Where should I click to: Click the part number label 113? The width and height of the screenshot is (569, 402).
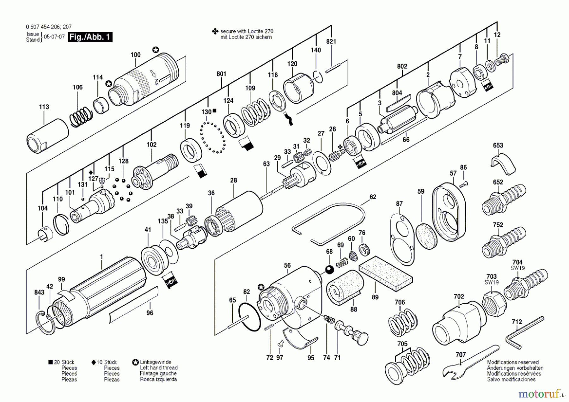pos(44,107)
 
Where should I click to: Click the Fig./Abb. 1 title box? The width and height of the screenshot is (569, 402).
pos(90,37)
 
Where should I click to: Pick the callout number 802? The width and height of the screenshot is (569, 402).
pos(402,66)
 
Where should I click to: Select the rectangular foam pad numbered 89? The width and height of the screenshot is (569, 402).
pos(386,273)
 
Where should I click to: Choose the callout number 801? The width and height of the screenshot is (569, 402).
pos(221,74)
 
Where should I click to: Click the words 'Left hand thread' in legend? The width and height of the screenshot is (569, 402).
pos(159,368)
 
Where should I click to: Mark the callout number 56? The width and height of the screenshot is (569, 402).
pos(287,265)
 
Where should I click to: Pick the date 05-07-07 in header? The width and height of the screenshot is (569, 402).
pos(54,37)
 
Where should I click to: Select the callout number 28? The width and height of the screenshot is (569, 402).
pos(233,180)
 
